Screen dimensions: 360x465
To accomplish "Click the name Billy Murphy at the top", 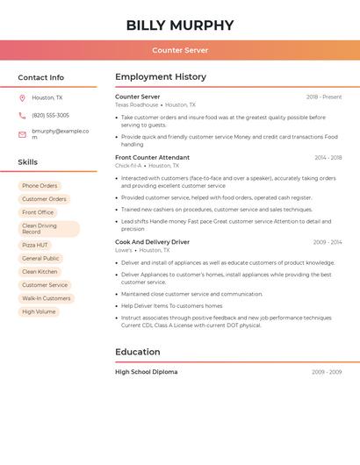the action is [x=180, y=25].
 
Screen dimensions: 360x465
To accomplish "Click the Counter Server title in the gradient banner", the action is [x=180, y=51].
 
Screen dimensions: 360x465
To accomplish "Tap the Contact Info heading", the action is [x=40, y=77].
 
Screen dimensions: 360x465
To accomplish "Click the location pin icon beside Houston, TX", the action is [x=22, y=98].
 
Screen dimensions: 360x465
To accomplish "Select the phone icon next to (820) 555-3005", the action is [x=22, y=116].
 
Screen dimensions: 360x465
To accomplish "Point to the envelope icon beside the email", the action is [x=22, y=134].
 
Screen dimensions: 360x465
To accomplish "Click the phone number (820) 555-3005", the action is [x=50, y=116].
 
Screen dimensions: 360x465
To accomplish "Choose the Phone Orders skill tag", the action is [x=40, y=186].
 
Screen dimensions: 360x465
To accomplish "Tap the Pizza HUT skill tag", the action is [x=35, y=245].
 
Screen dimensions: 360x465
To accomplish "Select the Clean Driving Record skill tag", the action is [x=48, y=229].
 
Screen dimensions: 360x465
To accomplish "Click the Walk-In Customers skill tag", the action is [x=46, y=298].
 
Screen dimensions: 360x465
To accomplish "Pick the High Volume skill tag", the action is [x=39, y=311].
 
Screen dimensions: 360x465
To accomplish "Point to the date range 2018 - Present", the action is [x=324, y=97].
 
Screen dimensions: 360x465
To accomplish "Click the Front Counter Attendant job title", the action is [x=152, y=158].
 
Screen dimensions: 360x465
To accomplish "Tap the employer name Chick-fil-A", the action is [x=128, y=166].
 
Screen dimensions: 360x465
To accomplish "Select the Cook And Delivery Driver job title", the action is [x=152, y=242].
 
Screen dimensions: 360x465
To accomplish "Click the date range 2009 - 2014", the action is [x=327, y=242].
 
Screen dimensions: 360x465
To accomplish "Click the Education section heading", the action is [x=138, y=352].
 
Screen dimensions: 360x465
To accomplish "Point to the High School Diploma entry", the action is [x=146, y=372].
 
